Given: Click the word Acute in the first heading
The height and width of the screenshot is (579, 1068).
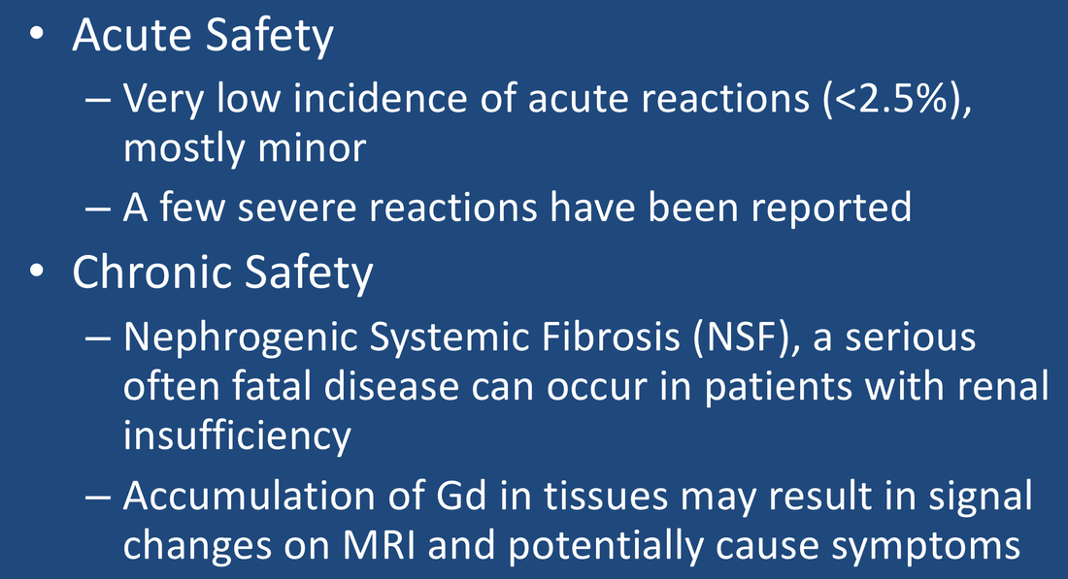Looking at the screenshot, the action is coord(132,35).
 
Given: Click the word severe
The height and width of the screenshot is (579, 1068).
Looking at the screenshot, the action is coord(297,208).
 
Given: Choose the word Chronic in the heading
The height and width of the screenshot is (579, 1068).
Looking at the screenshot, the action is coord(151,273).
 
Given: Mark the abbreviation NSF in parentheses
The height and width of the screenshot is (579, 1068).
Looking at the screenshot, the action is coord(741,337).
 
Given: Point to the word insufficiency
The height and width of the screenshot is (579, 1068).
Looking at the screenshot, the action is coord(237,436).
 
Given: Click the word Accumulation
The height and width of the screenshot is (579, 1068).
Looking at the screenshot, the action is coord(250,496).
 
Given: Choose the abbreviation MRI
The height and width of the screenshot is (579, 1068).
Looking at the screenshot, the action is coord(379,546).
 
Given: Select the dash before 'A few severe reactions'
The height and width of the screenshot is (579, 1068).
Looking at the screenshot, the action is coord(98,209).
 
